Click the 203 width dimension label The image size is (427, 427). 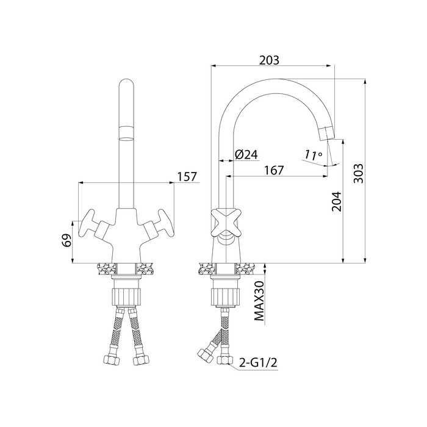269,60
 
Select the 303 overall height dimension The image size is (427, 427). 359,173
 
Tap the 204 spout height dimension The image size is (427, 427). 336,201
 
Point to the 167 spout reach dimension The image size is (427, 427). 274,170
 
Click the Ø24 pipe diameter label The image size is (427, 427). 246,155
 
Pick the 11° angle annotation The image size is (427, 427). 312,155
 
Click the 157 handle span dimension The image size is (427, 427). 187,176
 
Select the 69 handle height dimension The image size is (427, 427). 67,240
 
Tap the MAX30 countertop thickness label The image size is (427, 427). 259,301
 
